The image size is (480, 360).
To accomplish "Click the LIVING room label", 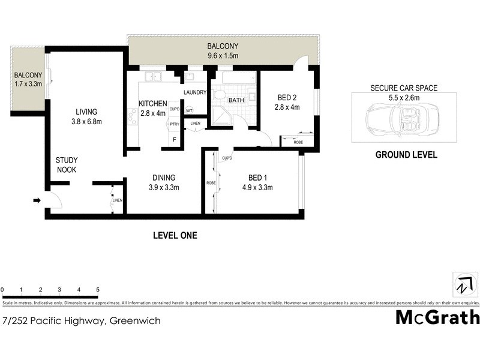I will [86, 112].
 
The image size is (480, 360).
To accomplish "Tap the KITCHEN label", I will [152, 103].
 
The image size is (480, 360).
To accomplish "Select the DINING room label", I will [163, 178].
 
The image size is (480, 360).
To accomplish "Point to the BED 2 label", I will [287, 98].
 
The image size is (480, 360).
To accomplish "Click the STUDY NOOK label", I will [67, 165].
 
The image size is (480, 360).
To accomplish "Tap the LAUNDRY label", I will [195, 92].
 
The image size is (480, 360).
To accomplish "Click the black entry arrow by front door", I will [37, 201].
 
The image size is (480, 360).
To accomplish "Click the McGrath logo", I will [437, 317].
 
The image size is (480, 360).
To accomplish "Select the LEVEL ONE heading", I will [175, 236].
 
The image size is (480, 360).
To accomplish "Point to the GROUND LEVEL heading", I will [406, 155].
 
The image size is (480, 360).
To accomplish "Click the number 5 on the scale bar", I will [97, 290].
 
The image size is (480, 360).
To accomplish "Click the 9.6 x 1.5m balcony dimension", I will [223, 56].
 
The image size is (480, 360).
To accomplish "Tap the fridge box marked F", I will [175, 140].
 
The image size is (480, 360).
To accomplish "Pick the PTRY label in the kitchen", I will [175, 124].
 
